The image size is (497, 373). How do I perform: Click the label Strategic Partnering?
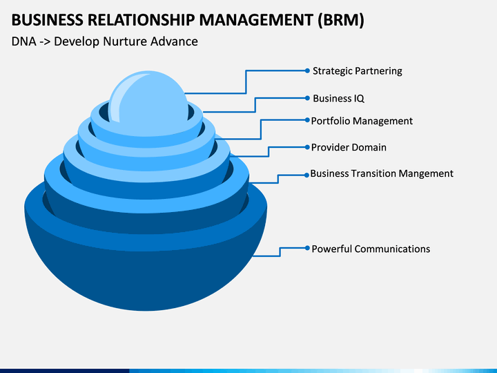click(358, 71)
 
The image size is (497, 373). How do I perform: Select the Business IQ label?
click(338, 98)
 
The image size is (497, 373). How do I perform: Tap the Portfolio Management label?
click(362, 121)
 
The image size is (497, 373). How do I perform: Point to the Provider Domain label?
click(349, 147)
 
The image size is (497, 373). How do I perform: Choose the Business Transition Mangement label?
click(382, 173)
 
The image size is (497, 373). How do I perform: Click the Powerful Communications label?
click(371, 249)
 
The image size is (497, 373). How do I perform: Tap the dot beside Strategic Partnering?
click(307, 70)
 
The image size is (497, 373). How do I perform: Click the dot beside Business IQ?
click(307, 98)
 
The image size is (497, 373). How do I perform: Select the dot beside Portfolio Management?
click(307, 120)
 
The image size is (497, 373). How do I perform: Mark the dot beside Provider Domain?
click(307, 147)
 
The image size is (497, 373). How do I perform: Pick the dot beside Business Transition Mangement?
click(306, 175)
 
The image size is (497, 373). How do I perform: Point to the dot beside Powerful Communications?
click(307, 248)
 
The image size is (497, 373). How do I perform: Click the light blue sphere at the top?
click(148, 102)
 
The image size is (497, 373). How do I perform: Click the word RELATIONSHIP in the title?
click(141, 20)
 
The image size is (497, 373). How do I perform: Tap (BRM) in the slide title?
click(341, 20)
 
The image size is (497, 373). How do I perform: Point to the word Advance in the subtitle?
click(174, 41)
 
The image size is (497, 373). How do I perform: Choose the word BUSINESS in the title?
click(47, 20)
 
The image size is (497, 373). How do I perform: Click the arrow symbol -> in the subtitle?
click(45, 42)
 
